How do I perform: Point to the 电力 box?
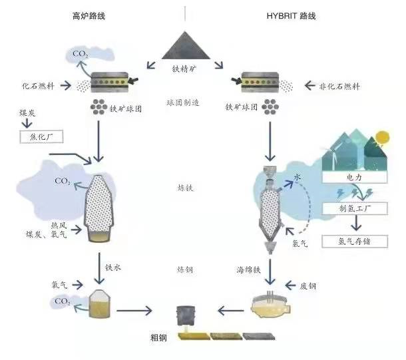(353, 178)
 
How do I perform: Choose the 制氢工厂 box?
(353, 209)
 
